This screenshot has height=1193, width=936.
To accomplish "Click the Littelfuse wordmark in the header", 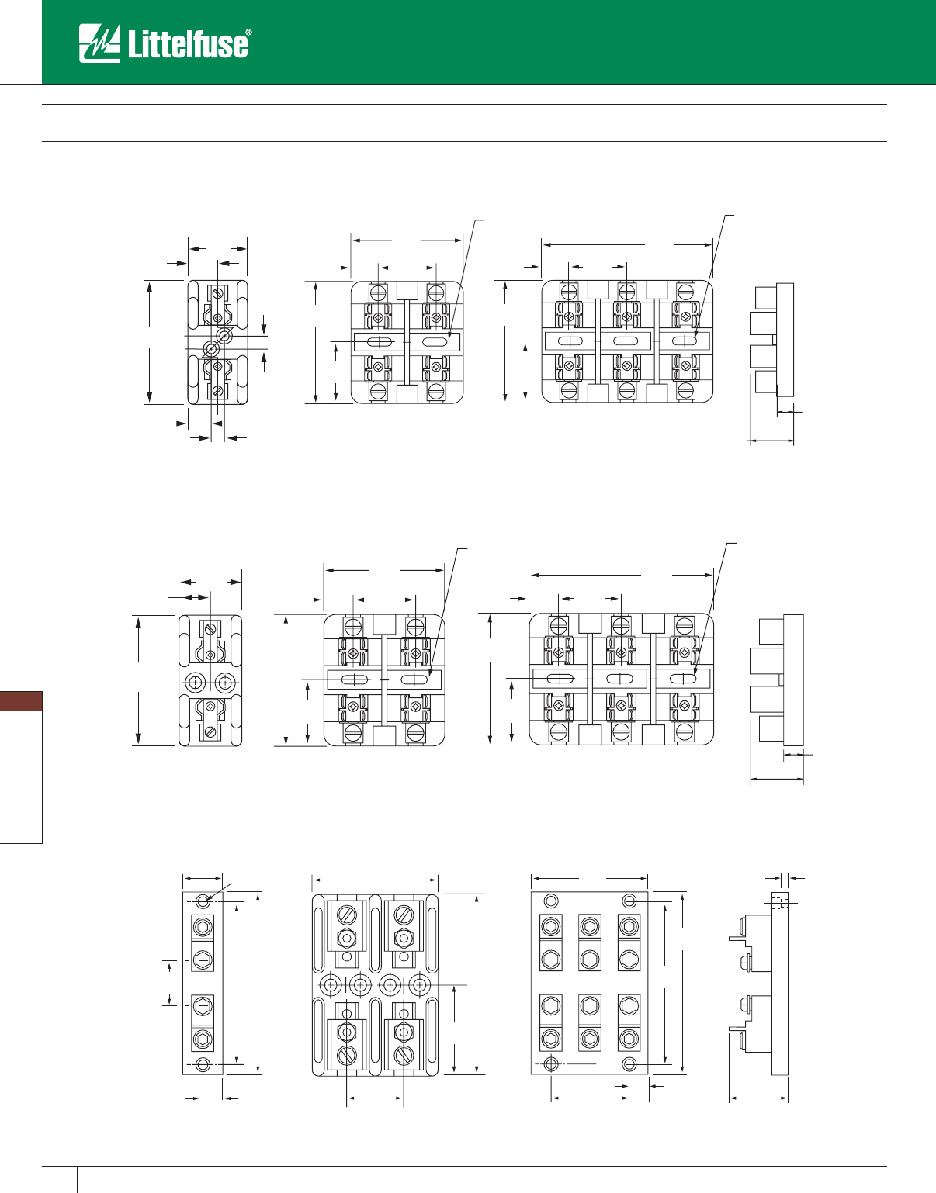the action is (x=189, y=43).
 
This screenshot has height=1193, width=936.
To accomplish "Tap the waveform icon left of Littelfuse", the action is (x=99, y=43).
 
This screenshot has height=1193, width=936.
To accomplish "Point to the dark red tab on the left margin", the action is (x=21, y=701).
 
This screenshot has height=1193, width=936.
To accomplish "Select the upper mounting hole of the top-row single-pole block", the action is (x=225, y=336).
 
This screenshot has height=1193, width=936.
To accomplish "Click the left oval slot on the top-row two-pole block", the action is (x=379, y=342).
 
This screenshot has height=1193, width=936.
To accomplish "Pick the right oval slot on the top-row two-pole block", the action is (x=435, y=342).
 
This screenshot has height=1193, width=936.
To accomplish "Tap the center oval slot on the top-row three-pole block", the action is (x=626, y=341).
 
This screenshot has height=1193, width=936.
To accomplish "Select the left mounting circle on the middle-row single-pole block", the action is (x=196, y=682).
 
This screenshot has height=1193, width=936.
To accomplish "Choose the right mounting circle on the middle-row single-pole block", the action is (x=225, y=682).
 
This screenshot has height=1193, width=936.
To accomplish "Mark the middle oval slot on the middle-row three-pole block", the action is (x=619, y=679).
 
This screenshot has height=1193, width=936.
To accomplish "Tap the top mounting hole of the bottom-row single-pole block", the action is (x=203, y=901).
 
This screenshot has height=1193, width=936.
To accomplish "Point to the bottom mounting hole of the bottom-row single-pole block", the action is (x=203, y=1064).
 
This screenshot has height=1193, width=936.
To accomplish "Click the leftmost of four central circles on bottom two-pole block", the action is (x=331, y=985).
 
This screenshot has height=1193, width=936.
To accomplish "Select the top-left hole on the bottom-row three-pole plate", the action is (x=551, y=901).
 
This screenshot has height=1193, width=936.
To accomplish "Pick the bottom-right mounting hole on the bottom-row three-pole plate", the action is (x=629, y=1063).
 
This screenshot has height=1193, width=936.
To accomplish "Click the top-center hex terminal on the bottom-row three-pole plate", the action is (x=590, y=926).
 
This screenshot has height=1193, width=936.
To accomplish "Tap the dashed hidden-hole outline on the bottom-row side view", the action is (x=779, y=901).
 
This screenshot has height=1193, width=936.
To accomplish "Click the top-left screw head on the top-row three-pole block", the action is (x=569, y=292).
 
